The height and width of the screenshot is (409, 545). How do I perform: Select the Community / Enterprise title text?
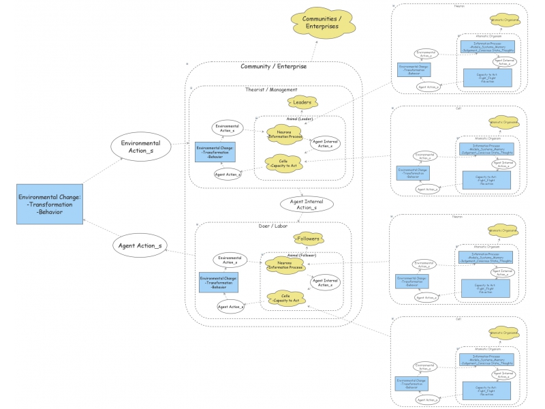273,66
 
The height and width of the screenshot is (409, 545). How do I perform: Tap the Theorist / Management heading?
270,90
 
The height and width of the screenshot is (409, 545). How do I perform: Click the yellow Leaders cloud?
302,103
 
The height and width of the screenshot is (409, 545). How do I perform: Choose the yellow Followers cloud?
308,239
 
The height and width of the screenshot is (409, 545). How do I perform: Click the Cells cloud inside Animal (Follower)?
285,298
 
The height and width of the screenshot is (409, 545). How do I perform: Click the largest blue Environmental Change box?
50,203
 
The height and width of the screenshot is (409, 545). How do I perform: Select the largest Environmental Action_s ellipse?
140,147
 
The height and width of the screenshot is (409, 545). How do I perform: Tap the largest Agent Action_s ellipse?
140,245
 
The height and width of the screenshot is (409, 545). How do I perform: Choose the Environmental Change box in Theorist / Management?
215,151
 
